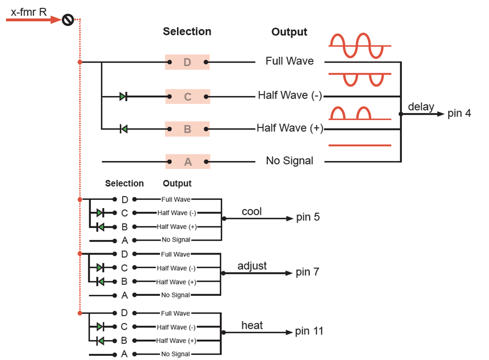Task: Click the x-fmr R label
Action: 29,10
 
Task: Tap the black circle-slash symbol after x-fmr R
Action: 67,20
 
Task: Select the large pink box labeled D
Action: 187,63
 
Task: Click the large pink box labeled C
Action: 187,97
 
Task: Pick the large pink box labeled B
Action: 187,128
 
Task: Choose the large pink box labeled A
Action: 187,162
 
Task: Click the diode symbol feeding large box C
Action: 123,97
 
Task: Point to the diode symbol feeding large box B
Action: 123,128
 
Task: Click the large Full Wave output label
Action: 290,61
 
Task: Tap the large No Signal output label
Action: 290,161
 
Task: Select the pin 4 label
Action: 459,113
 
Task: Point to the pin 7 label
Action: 307,272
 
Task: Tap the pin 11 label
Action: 309,331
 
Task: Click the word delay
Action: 421,107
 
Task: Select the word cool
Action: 252,211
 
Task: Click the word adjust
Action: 252,266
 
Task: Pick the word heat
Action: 252,326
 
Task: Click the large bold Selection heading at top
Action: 187,31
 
